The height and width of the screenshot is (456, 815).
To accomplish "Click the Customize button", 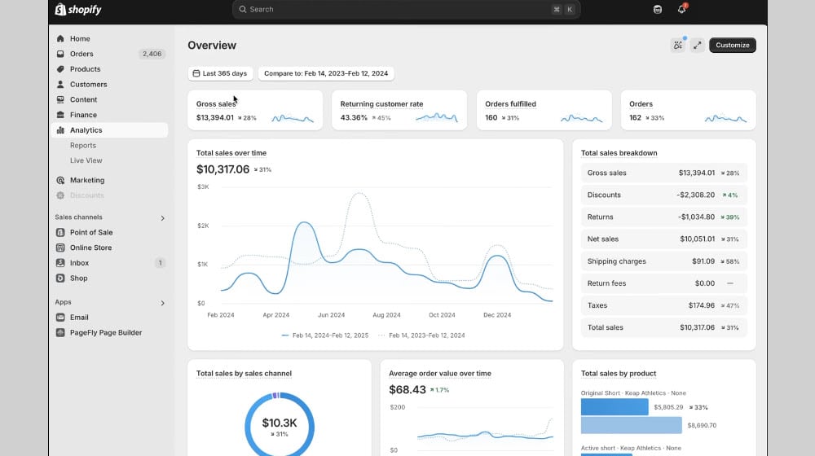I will tap(732, 46).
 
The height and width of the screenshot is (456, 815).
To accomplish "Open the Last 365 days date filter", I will tap(220, 73).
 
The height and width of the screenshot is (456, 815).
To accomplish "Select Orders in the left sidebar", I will tap(81, 54).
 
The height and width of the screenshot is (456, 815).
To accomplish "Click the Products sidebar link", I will tap(85, 69).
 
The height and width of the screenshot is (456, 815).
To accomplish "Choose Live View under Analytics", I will tap(86, 160).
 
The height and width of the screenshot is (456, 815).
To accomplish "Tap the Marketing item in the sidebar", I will tap(87, 180).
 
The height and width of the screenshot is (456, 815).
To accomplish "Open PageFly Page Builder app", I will tap(105, 332).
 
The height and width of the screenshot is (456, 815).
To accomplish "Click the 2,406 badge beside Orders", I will tap(152, 54).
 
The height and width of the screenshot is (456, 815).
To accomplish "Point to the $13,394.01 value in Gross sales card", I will tap(215, 118).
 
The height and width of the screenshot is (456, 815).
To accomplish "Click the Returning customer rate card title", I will tap(381, 104).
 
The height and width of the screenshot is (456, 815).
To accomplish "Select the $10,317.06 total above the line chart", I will tap(223, 169).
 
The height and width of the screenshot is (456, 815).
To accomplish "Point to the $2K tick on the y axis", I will tap(203, 226).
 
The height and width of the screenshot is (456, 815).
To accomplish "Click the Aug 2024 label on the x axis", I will tap(386, 315).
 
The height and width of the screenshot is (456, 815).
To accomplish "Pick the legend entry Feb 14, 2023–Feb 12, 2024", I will tap(426, 335).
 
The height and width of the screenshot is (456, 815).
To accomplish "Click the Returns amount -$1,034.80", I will tap(696, 217).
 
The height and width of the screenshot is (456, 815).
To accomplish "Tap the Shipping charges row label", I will tap(616, 261).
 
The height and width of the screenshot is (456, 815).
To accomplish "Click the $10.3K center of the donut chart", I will tap(280, 423).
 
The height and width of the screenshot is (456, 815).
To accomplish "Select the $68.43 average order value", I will tap(408, 390).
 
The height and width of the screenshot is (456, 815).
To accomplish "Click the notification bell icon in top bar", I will tap(681, 10).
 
